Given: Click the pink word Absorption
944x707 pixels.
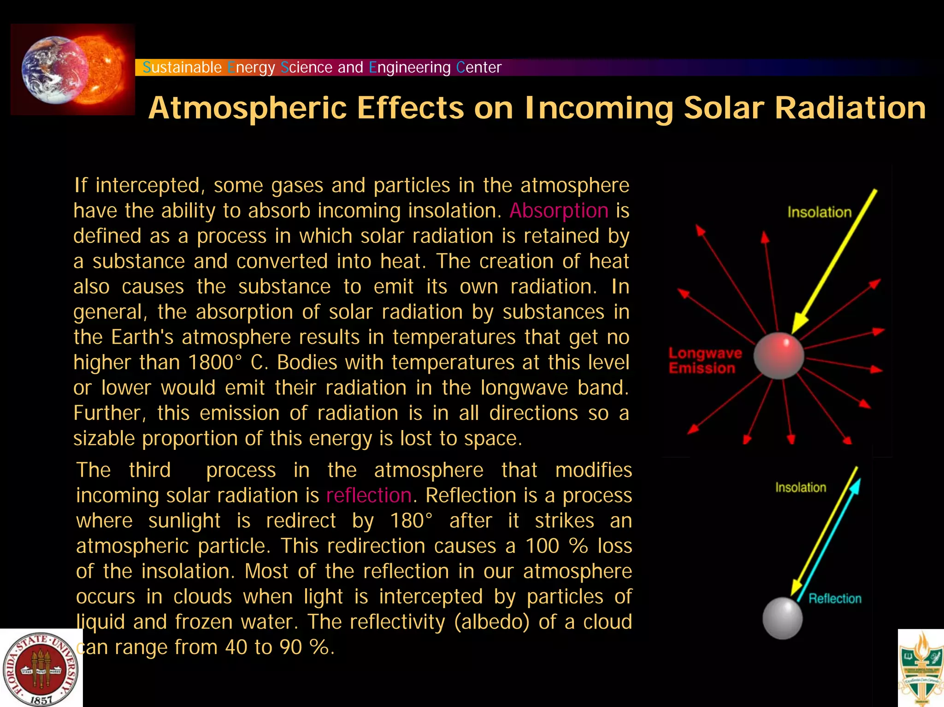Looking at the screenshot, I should click(559, 211).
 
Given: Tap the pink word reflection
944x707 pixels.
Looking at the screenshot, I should click(369, 496).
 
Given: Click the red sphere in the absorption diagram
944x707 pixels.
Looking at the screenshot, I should click(779, 356).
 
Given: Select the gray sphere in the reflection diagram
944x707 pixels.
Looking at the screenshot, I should click(782, 618).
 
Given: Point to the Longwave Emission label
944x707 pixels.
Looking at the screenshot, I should click(704, 360).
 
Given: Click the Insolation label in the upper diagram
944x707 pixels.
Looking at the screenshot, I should click(819, 212).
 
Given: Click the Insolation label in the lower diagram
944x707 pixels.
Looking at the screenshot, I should click(800, 488).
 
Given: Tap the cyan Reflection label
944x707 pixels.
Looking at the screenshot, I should click(835, 599).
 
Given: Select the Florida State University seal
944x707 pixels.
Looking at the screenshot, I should click(41, 669).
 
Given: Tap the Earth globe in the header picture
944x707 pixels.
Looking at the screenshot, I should click(52, 69).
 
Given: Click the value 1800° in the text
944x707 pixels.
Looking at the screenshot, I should click(215, 363).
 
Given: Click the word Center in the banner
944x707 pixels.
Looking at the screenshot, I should click(478, 67).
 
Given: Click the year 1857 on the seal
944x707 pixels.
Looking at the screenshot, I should click(41, 700).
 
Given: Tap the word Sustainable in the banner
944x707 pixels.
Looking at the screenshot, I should click(182, 67).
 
